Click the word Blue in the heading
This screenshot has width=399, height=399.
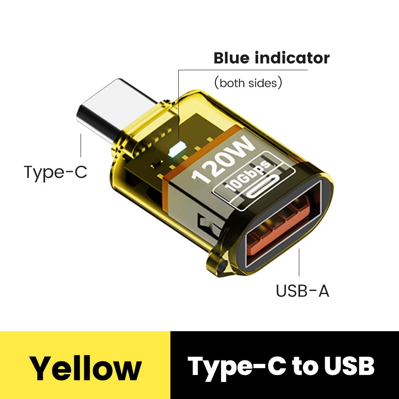pos(232,58)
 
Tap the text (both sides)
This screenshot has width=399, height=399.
pos(248,83)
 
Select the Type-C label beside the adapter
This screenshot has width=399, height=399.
pos(55,172)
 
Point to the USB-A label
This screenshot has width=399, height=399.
pos(302,291)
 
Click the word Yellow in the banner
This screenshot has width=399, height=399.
pos(85,368)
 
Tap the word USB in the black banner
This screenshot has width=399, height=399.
pos(349,366)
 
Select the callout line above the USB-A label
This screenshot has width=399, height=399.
pos(299,263)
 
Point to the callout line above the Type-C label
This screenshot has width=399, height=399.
pos(81,145)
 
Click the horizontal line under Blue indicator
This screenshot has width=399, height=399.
pos(243,70)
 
